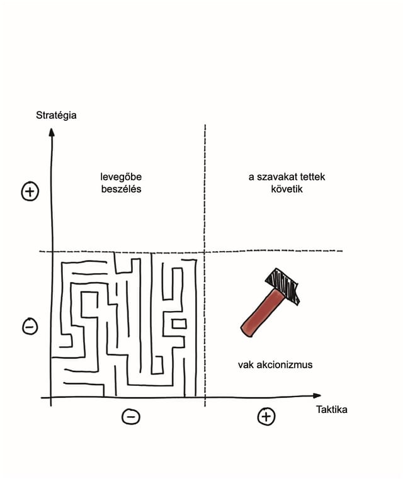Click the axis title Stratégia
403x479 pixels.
[x=56, y=115]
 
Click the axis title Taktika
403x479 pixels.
[x=331, y=409]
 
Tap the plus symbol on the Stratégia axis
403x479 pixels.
[x=30, y=191]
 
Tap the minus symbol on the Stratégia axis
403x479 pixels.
[x=30, y=327]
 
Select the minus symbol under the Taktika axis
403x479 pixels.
[x=131, y=417]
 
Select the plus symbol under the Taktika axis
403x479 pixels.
[x=266, y=417]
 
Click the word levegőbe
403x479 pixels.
[x=121, y=177]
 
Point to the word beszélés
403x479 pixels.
[x=122, y=189]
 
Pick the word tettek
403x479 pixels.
[x=312, y=177]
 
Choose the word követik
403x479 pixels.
[x=287, y=189]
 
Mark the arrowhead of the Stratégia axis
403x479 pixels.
[x=52, y=132]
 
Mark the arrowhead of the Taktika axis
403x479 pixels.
[x=317, y=396]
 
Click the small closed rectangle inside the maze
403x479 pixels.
[x=179, y=324]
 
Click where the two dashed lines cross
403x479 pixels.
[x=205, y=252]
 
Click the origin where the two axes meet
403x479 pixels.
[x=51, y=398]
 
